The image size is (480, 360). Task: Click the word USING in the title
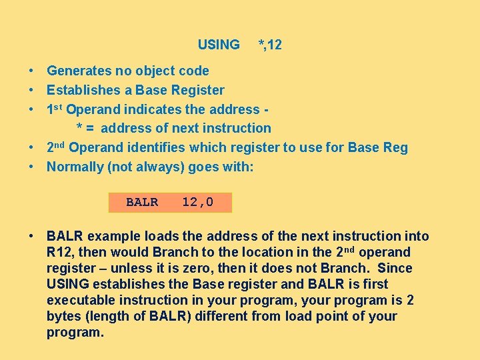[x=219, y=45]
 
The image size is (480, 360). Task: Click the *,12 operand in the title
[x=270, y=45]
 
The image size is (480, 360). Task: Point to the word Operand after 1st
[x=95, y=109]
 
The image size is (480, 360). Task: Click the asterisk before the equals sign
[x=79, y=129]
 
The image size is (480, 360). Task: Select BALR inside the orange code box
[x=142, y=202]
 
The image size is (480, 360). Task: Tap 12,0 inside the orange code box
[x=198, y=202]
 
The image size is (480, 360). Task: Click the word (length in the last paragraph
[x=101, y=317]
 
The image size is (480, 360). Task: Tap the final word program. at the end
[x=75, y=333]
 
